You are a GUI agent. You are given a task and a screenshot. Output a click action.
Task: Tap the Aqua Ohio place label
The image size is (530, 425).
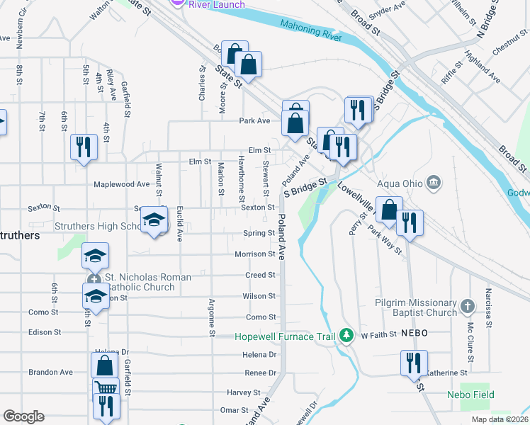point(400,183)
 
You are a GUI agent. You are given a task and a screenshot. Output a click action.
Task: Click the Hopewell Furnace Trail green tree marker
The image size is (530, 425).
point(346,336)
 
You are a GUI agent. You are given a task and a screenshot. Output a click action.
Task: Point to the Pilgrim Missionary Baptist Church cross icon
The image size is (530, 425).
point(467,307)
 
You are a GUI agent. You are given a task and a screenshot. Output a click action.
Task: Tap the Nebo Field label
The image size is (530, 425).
point(470,395)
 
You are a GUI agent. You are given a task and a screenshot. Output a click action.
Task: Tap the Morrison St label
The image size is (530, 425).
point(255,254)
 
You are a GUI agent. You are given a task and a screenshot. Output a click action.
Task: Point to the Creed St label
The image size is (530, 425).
point(260,275)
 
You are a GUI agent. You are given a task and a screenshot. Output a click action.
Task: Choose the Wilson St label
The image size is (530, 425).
point(259,296)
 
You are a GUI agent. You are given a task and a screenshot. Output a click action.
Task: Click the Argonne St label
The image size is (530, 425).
point(211,317)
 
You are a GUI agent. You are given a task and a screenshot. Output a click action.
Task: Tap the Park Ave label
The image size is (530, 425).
point(255,120)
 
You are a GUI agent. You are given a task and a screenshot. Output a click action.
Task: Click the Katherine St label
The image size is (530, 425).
point(447,372)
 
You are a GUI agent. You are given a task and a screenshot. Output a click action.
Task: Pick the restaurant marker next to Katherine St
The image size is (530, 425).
point(413,363)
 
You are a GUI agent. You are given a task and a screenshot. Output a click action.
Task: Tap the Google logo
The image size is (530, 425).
point(23,416)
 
